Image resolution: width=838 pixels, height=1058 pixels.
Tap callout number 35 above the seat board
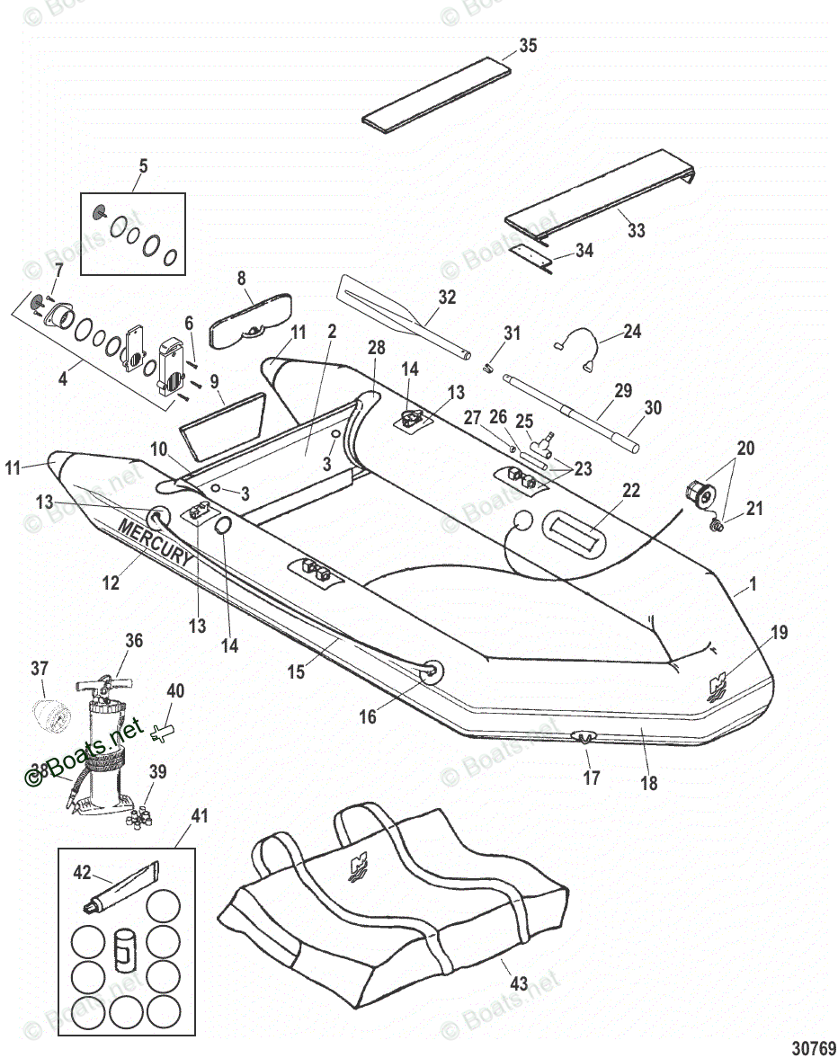coord(528,46)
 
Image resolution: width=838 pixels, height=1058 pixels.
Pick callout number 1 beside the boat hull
coord(753,584)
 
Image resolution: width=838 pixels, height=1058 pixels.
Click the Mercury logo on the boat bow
coord(718,687)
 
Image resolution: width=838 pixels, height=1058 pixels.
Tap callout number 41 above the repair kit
coord(199,816)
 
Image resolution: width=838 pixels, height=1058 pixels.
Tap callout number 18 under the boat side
coord(648,783)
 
